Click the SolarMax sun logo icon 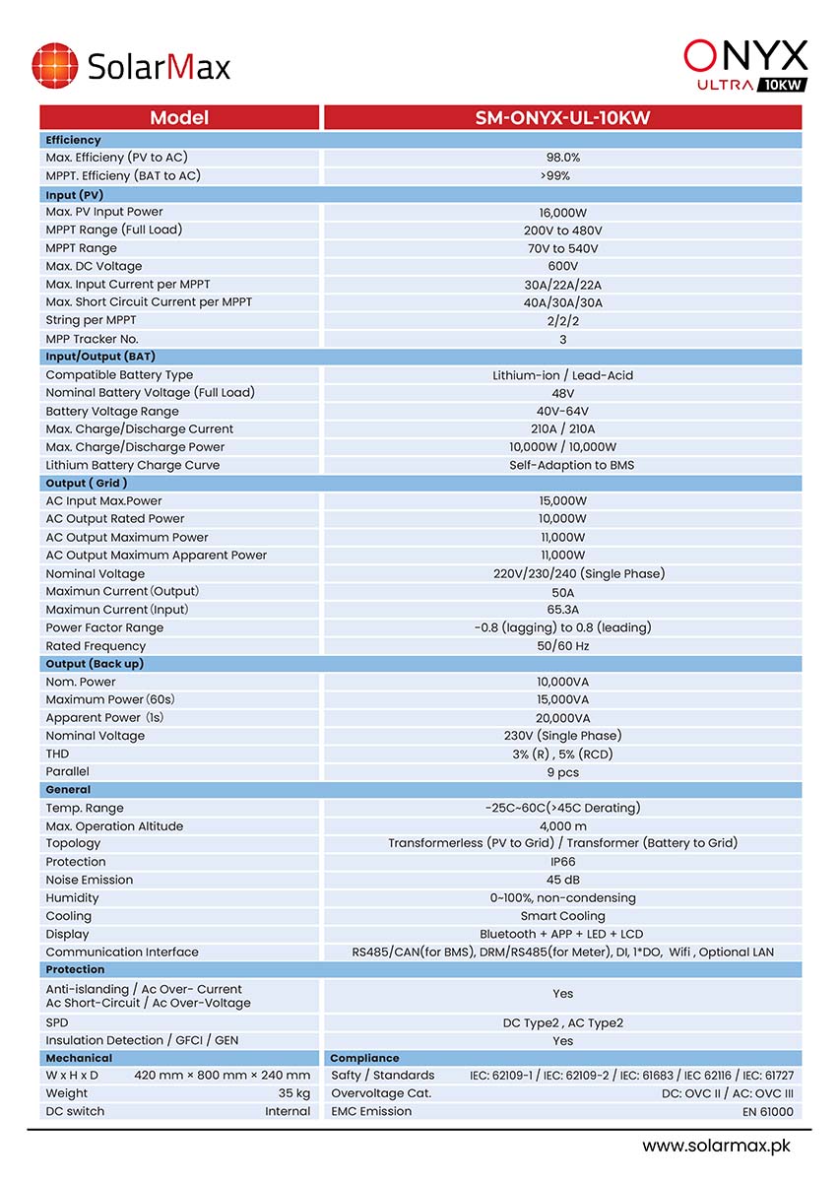click(54, 66)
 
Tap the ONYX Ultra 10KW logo click(745, 65)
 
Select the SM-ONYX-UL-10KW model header click(562, 118)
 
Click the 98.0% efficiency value click(562, 158)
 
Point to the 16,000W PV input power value click(562, 212)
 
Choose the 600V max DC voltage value click(562, 266)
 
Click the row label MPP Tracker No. click(92, 339)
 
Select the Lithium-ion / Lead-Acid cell click(562, 375)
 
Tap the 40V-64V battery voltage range click(562, 411)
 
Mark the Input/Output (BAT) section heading click(100, 357)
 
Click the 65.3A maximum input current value click(562, 610)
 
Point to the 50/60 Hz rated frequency click(562, 646)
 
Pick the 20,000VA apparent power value click(562, 718)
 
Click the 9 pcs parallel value click(562, 772)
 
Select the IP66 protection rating click(562, 862)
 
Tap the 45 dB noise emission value click(562, 880)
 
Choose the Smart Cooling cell click(562, 916)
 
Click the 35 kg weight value click(294, 1093)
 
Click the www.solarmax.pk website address click(716, 1147)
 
